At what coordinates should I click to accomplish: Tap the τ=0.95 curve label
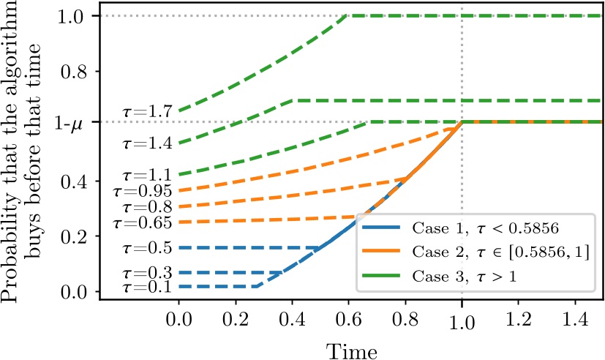point(143,192)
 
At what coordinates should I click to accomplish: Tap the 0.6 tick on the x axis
point(347,321)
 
